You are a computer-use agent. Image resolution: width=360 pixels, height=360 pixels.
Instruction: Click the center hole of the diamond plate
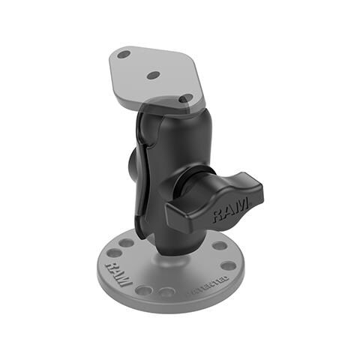[153, 75]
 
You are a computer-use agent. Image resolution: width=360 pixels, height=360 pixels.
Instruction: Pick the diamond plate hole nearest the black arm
[185, 99]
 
